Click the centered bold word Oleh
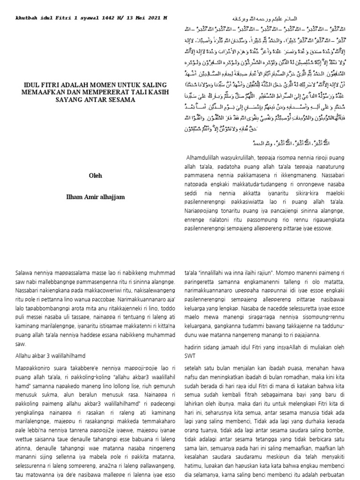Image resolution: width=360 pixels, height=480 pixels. (95, 176)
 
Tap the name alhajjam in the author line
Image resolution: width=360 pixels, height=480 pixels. (111, 197)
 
